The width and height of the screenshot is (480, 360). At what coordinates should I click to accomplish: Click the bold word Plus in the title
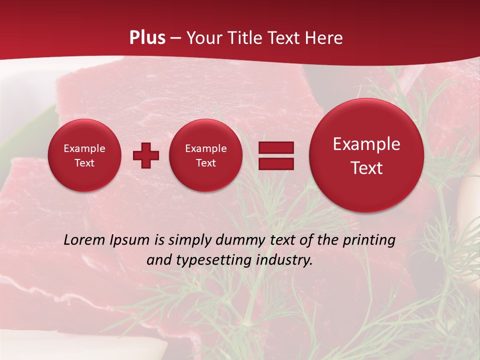147,38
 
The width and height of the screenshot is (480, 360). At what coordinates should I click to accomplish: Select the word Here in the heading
324,38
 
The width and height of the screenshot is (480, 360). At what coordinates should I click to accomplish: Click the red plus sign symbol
145,155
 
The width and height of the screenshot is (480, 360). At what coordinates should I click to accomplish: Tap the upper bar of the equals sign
276,147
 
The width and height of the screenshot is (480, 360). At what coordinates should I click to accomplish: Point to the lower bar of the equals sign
276,163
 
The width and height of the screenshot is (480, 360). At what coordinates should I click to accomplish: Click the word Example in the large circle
366,144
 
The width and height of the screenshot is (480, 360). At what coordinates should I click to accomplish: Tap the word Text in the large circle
366,168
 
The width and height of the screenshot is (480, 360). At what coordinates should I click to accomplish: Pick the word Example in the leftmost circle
84,148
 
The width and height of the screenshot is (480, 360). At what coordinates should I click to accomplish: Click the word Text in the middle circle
205,163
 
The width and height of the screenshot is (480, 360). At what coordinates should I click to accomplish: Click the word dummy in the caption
240,240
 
